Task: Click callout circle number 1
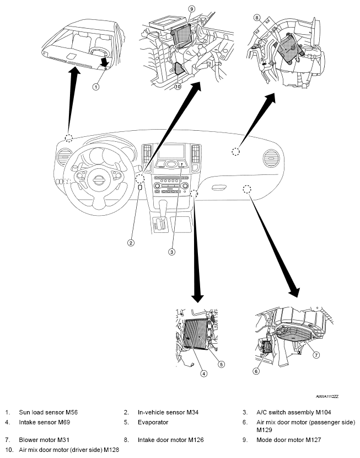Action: tap(96, 87)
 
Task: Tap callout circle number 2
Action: tap(131, 242)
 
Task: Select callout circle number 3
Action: tap(172, 252)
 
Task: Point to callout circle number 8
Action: tap(257, 18)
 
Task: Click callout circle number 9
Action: tap(192, 9)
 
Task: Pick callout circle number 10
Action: tap(178, 87)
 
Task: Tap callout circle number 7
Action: tap(316, 355)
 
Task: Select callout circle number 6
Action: tap(256, 371)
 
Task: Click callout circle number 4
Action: tap(203, 373)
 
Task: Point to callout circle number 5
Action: tap(222, 364)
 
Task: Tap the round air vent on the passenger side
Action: tap(271, 158)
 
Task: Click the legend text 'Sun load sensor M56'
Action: tap(49, 412)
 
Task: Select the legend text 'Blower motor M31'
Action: tap(44, 440)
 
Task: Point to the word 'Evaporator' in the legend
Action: tap(153, 422)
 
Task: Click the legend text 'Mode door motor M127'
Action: tap(288, 440)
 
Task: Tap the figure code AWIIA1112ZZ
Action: tap(327, 396)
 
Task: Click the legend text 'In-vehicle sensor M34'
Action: tap(168, 412)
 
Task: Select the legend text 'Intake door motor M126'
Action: tap(171, 440)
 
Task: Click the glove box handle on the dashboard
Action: tap(219, 188)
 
